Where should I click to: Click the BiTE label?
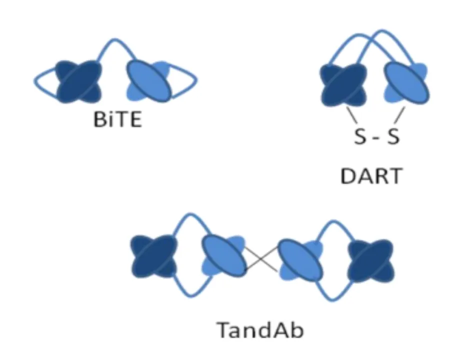pos(118,120)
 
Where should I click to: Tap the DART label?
pos(370,176)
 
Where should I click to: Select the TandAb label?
pos(259,330)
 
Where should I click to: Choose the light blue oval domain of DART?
pos(406,82)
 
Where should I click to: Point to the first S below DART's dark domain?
pos(359,136)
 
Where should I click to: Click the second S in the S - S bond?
pos(393,136)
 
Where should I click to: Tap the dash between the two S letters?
pos(376,136)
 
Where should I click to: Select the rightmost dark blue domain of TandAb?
pos(370,257)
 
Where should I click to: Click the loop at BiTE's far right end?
pos(192,80)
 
